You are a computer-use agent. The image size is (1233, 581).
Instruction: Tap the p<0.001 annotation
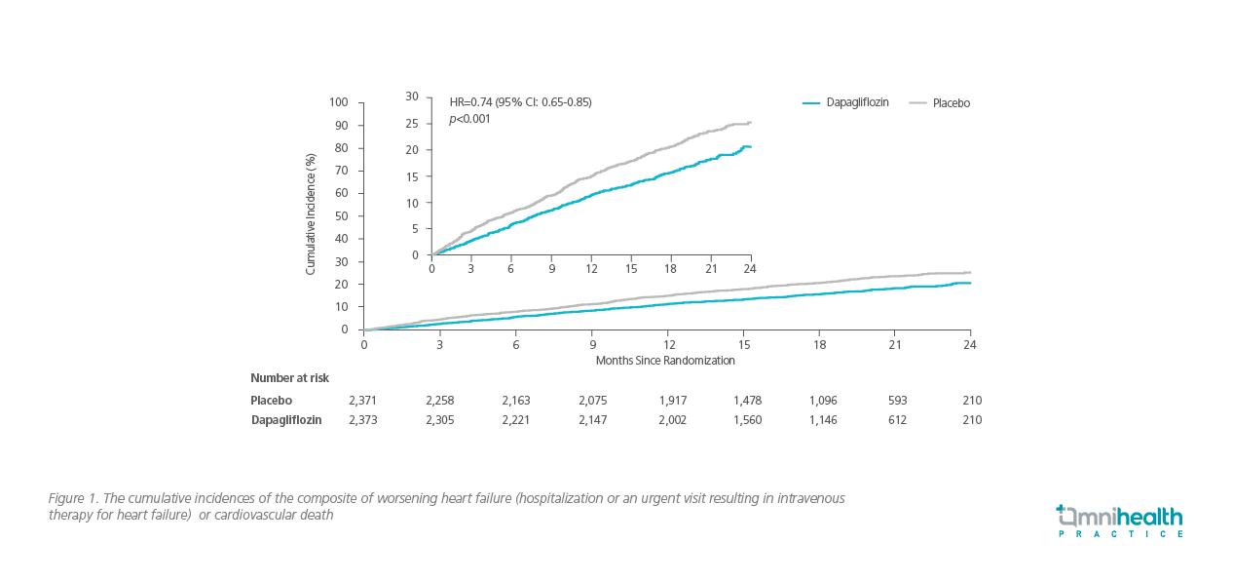pos(469,119)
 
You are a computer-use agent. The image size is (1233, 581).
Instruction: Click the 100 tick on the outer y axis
pos(339,102)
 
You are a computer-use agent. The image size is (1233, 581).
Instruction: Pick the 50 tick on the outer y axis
pos(342,215)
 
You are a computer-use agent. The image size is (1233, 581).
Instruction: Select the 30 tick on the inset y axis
pos(412,97)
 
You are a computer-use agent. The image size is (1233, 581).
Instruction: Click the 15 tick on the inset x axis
pos(631,269)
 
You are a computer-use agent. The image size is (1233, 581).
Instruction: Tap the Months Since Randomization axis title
pos(665,360)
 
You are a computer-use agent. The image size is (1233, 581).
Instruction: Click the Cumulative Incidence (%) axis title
pos(311,213)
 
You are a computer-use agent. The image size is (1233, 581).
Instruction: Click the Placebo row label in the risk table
pos(271,400)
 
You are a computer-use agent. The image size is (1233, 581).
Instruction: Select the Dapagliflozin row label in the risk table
pos(286,420)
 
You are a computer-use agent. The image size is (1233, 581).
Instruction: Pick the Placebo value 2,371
pos(363,400)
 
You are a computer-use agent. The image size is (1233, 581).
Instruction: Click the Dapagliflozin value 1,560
pos(747,420)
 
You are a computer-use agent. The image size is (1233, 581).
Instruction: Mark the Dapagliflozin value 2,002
pos(671,420)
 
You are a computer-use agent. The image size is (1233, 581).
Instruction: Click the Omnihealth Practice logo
pos(1120,521)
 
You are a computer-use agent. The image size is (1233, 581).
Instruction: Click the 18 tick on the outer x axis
pos(820,344)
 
